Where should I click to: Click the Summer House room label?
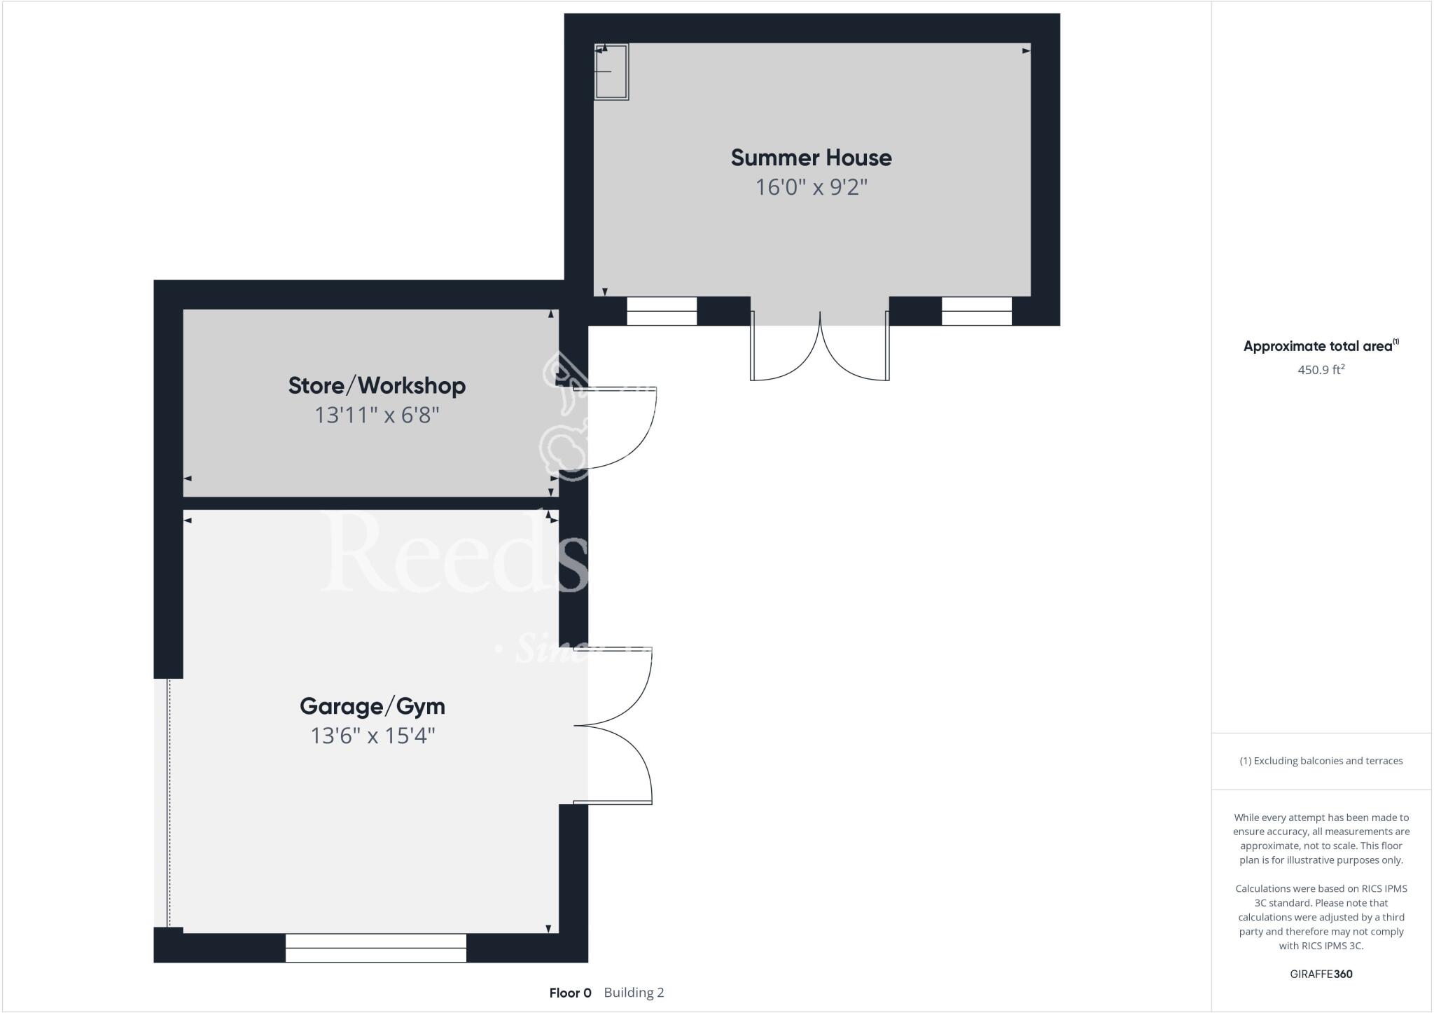pyautogui.click(x=811, y=158)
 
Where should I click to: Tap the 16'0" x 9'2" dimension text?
pyautogui.click(x=811, y=188)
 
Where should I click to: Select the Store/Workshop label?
pyautogui.click(x=377, y=385)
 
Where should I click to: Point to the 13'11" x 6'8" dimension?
pyautogui.click(x=377, y=415)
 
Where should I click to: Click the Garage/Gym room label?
pyautogui.click(x=372, y=705)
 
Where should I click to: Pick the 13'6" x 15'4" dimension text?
pyautogui.click(x=373, y=736)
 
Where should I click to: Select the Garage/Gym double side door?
pyautogui.click(x=616, y=726)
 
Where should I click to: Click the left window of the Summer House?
pyautogui.click(x=661, y=311)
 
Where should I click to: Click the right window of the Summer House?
pyautogui.click(x=976, y=311)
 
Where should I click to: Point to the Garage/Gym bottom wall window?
pyautogui.click(x=375, y=948)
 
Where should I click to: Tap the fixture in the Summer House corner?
pyautogui.click(x=611, y=71)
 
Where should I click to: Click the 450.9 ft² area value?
pyautogui.click(x=1321, y=370)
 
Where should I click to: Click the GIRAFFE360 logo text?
pyautogui.click(x=1321, y=974)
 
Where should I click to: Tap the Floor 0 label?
pyautogui.click(x=570, y=993)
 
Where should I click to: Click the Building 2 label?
pyautogui.click(x=634, y=993)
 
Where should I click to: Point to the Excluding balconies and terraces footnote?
pyautogui.click(x=1321, y=761)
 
